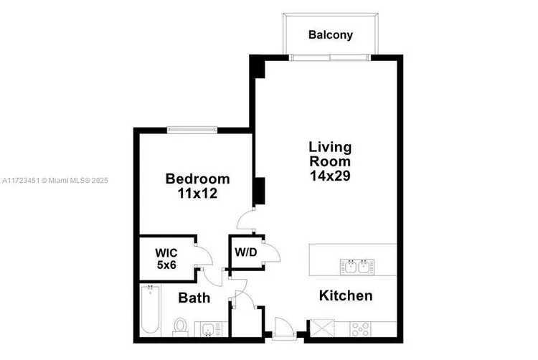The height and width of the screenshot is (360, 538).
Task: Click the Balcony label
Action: (331, 35)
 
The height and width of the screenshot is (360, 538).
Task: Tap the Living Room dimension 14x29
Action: (330, 176)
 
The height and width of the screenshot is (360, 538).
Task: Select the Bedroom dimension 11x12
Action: (197, 194)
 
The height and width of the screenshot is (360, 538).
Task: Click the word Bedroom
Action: (198, 179)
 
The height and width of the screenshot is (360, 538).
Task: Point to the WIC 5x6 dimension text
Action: (166, 265)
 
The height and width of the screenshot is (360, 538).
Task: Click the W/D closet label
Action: (246, 252)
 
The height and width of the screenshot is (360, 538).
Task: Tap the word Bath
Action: (194, 298)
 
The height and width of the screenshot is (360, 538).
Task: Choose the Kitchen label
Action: (346, 295)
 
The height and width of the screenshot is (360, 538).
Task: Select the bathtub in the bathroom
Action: (151, 309)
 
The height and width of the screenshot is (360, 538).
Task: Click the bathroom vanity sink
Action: (208, 329)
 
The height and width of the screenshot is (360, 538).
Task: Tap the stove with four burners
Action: (360, 329)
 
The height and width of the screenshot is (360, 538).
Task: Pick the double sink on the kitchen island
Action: (357, 267)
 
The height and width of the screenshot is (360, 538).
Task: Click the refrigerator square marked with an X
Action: (322, 328)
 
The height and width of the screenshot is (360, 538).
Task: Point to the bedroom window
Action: (192, 130)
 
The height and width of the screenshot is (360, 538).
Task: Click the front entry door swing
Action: (284, 328)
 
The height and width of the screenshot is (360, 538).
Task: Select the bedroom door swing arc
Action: (245, 219)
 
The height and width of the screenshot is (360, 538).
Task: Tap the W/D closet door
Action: (272, 252)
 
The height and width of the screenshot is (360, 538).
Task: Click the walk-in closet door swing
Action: (204, 255)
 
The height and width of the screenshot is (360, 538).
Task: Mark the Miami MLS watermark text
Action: (55, 180)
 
